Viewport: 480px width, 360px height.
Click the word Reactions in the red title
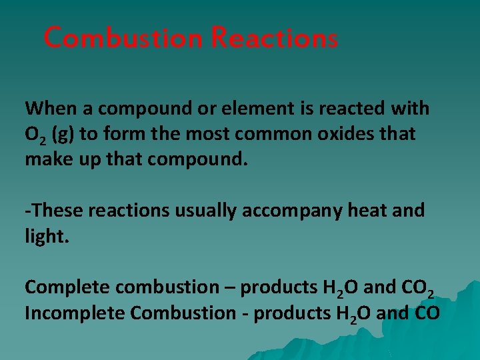[x=274, y=38]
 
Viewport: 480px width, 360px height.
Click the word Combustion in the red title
[x=123, y=38]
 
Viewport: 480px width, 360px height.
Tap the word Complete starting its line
[x=67, y=287]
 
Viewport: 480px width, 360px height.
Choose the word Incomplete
[x=75, y=313]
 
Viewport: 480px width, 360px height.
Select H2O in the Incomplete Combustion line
[x=349, y=314]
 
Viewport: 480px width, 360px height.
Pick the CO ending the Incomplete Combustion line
[x=427, y=313]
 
